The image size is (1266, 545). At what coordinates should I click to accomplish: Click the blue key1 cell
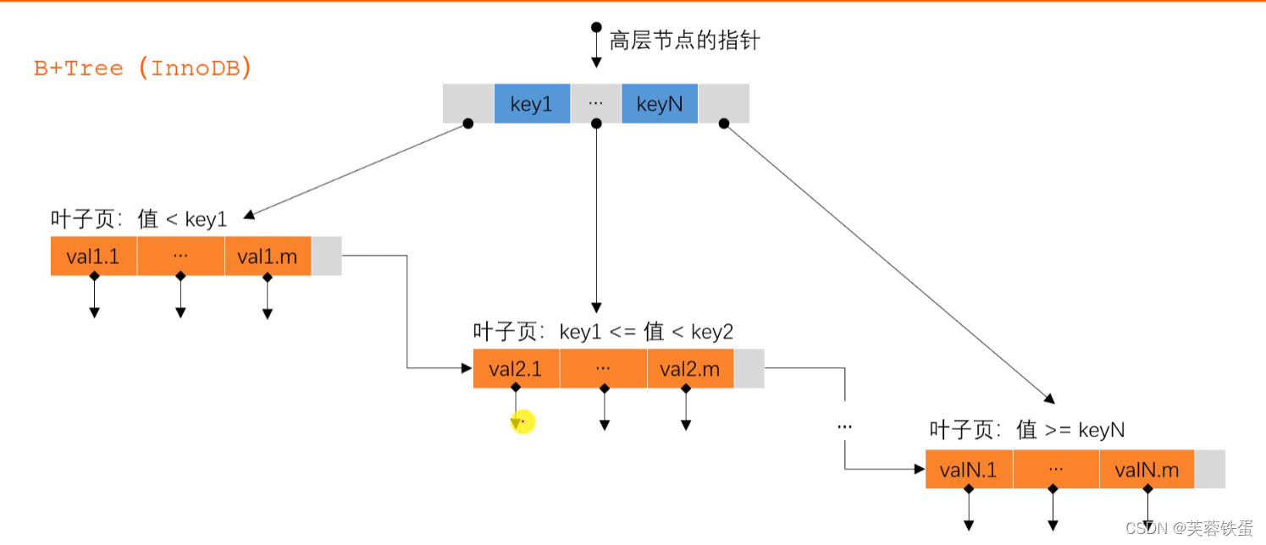532,103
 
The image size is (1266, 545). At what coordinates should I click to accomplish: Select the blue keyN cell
660,103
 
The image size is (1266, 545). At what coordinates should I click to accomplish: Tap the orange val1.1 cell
93,256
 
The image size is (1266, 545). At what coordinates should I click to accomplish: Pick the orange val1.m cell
268,256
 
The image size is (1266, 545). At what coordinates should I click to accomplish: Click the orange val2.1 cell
516,368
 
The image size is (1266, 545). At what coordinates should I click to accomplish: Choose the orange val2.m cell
690,368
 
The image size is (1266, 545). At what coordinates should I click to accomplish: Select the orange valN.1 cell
969,470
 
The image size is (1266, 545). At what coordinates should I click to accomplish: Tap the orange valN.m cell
1147,470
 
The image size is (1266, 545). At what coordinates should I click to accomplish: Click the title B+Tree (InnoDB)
143,69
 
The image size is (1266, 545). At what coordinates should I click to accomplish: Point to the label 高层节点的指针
684,40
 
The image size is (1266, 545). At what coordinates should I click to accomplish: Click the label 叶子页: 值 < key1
139,219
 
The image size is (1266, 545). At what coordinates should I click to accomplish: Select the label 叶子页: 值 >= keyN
1026,429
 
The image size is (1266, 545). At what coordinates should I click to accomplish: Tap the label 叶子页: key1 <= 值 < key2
603,332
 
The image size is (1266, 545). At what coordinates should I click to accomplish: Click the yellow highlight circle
523,421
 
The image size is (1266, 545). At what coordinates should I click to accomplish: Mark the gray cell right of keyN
723,103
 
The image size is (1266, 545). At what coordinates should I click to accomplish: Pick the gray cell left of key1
468,103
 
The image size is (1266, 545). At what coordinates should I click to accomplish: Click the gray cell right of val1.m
326,256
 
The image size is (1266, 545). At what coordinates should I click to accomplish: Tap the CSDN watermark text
1189,528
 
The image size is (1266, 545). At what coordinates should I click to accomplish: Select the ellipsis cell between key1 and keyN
596,103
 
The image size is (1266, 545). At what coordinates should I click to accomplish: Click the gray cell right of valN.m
1209,470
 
